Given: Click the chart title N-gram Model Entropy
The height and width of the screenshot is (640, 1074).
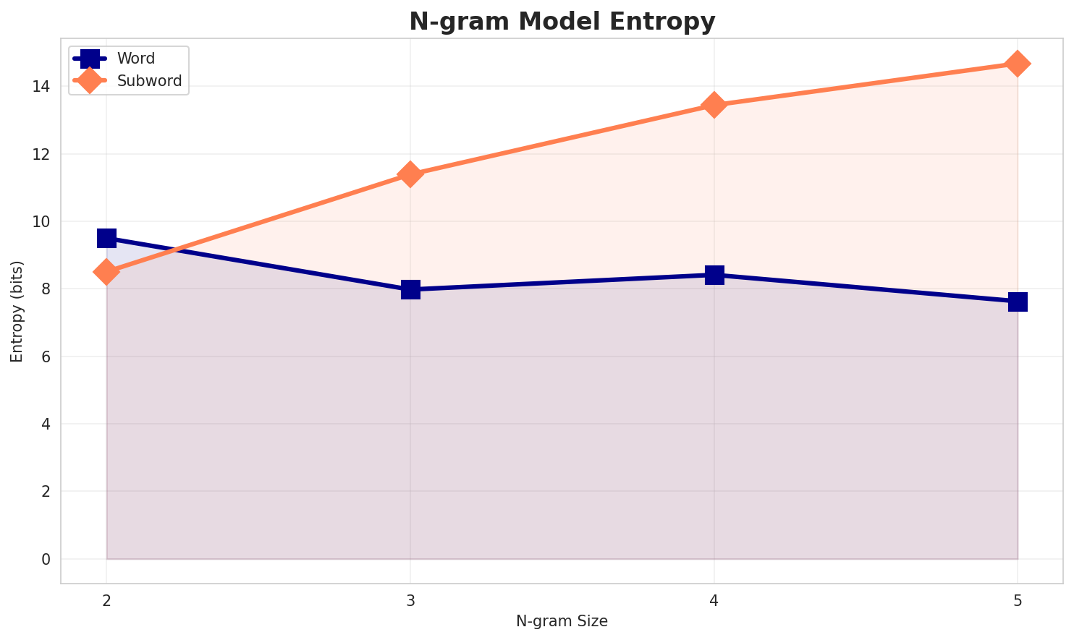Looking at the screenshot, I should [x=562, y=22].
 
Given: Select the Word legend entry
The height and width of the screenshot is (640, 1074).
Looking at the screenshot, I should [x=135, y=59].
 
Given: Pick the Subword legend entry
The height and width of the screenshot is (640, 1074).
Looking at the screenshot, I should [x=149, y=81].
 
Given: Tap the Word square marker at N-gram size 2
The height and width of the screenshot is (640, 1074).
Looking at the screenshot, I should [x=106, y=238].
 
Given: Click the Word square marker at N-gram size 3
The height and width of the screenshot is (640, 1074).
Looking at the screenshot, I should [x=410, y=289].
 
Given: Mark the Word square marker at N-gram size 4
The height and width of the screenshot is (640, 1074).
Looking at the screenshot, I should [x=714, y=275].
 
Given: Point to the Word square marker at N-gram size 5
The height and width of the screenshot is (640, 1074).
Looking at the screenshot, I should [x=1018, y=302].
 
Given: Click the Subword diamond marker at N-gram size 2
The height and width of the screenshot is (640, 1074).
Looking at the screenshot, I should [x=106, y=272].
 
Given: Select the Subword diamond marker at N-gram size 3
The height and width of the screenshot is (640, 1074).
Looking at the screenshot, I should [x=410, y=174].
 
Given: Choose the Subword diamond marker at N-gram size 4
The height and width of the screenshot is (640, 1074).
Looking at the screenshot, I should [x=714, y=105].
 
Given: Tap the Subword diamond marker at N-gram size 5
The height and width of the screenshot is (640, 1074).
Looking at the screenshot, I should [x=1018, y=64].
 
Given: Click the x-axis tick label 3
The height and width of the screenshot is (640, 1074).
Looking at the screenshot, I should [x=410, y=600].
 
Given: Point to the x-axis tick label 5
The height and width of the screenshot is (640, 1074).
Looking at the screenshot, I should [x=1018, y=600].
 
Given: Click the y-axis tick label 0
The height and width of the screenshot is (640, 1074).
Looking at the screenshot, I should [x=46, y=559].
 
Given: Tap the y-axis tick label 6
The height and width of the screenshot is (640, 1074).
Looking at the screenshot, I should [x=46, y=357].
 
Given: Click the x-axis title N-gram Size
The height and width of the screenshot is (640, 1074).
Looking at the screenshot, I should [x=562, y=621].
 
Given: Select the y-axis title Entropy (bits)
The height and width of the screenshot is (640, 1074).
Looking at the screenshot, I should [x=17, y=311].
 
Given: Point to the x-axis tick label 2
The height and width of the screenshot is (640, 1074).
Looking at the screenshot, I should [x=106, y=600].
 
